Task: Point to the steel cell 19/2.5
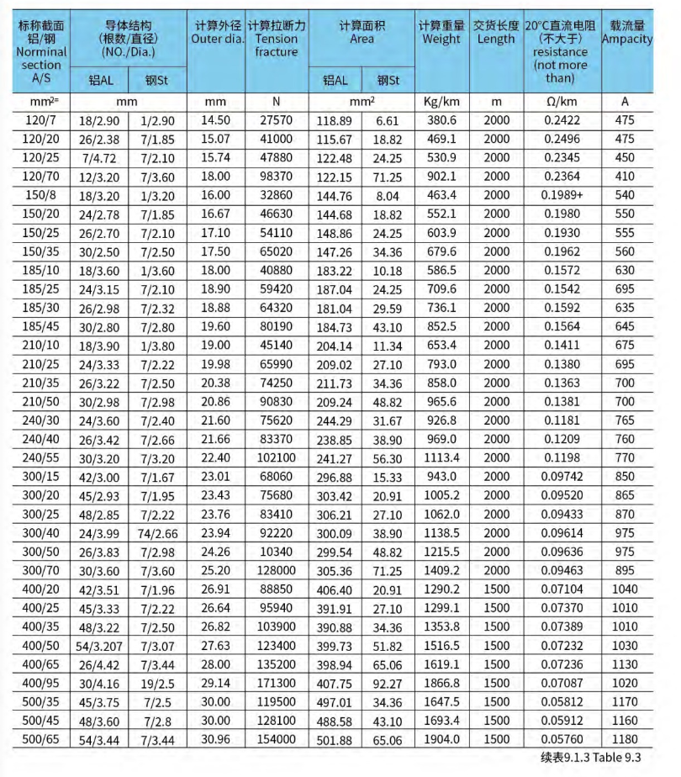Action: [158, 684]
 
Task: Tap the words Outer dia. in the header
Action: [217, 39]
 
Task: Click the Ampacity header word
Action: [627, 39]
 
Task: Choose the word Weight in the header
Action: [441, 39]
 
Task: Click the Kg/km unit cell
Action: [441, 102]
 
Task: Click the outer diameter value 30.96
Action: [216, 739]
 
